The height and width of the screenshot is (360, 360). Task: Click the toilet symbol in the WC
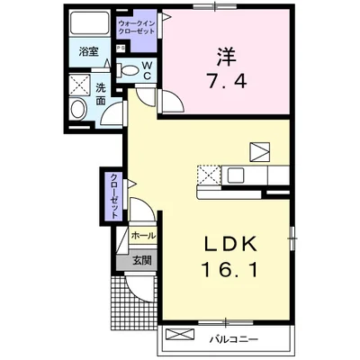point(128,70)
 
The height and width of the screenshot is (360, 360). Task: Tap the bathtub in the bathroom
point(89,23)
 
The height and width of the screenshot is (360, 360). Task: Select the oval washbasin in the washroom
point(78,109)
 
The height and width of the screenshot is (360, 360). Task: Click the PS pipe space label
point(121,48)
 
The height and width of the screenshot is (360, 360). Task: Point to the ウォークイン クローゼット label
point(137,27)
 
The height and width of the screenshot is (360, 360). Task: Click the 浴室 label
point(89,51)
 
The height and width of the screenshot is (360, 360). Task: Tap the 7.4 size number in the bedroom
point(227,81)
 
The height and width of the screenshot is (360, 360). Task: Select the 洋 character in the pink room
point(227,57)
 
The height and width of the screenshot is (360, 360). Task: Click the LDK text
point(231,244)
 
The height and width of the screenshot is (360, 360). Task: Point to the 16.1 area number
point(229,269)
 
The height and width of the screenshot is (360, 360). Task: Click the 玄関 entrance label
point(142,260)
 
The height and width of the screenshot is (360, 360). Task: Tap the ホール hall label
point(143,236)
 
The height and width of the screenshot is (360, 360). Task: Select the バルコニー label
point(233,340)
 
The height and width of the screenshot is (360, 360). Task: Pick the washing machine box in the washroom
point(79,85)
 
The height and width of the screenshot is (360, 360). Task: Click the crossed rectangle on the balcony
point(180,334)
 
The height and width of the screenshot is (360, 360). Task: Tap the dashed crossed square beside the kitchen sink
point(209,175)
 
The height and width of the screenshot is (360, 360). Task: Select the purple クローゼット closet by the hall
point(114,196)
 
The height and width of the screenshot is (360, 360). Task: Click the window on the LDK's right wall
point(292,238)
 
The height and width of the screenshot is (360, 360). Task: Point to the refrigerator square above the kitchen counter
point(260,152)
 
